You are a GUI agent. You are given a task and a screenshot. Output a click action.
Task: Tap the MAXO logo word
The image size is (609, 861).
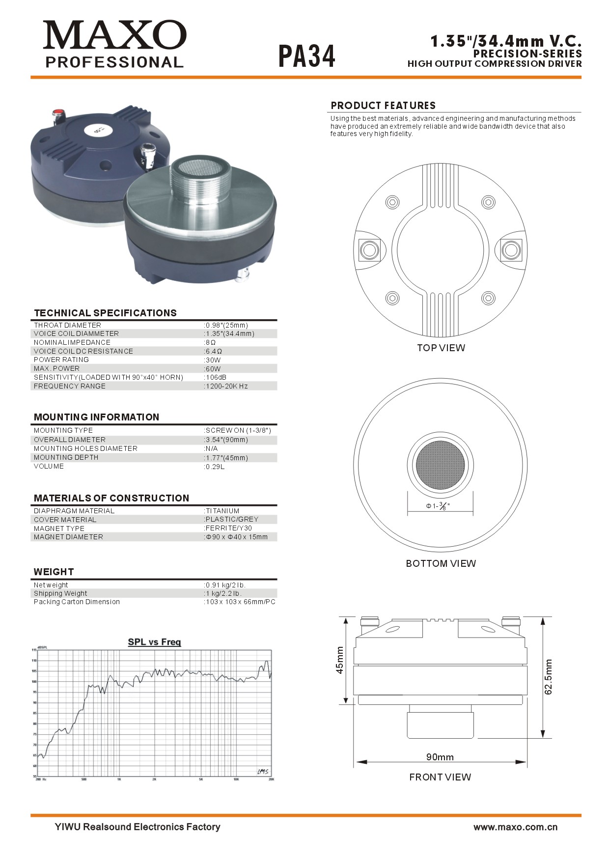click(114, 35)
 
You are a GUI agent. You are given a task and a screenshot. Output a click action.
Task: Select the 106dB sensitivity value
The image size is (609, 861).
click(216, 377)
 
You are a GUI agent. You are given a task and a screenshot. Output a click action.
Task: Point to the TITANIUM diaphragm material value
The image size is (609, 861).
click(222, 511)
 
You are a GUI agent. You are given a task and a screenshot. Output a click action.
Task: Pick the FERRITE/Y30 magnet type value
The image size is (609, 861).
click(228, 528)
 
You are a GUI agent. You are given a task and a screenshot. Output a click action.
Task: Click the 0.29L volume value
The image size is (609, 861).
click(215, 467)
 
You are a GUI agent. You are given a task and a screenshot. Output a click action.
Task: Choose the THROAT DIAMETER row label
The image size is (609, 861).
click(67, 325)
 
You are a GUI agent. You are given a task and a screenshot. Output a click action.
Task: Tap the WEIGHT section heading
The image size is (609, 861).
click(54, 572)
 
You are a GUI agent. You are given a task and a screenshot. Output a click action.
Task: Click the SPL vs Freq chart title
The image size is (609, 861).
click(154, 642)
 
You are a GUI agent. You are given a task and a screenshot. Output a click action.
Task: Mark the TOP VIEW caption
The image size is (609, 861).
click(441, 348)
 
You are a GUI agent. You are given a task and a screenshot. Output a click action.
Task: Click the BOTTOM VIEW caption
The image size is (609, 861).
click(441, 563)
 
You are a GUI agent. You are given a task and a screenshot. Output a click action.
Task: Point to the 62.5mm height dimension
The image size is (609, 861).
click(549, 677)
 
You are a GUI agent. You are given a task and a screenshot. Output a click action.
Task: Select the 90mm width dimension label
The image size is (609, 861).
click(440, 757)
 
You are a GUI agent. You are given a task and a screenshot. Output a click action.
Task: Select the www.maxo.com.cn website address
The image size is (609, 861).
click(515, 827)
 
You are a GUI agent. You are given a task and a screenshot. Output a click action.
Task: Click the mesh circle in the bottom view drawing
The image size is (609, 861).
click(440, 465)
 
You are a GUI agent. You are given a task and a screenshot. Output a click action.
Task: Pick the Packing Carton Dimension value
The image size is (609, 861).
click(240, 602)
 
